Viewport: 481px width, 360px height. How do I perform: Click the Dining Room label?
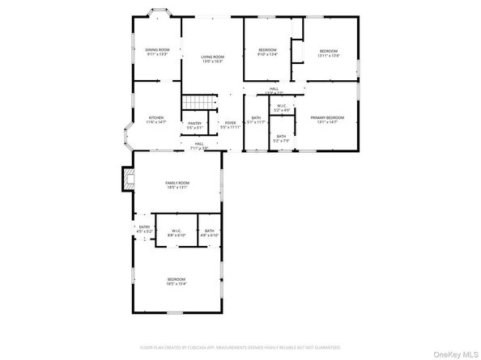click(157, 52)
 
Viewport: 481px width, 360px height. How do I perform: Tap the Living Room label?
click(212, 58)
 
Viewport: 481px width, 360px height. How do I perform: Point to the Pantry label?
click(194, 125)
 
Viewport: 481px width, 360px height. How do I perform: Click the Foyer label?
click(231, 125)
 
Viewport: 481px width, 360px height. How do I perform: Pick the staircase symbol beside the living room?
click(198, 103)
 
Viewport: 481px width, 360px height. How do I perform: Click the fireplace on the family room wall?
click(126, 179)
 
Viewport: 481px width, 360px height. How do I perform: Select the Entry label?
click(144, 229)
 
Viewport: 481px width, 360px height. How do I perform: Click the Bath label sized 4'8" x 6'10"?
click(209, 233)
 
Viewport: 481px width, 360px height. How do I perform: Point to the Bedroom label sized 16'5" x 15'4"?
click(177, 281)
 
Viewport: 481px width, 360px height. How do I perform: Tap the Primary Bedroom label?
click(327, 119)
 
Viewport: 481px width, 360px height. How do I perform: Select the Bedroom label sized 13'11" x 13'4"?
click(328, 53)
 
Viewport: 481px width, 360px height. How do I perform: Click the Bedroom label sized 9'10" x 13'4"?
click(267, 53)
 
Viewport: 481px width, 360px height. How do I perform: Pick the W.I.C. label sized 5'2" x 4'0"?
click(281, 108)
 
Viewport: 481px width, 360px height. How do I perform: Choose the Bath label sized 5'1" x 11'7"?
click(256, 121)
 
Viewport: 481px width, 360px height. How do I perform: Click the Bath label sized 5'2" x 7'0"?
click(281, 138)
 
